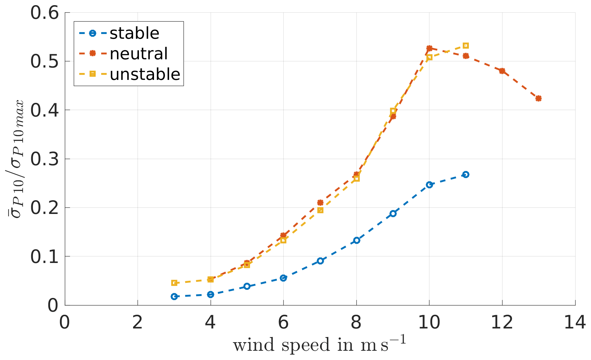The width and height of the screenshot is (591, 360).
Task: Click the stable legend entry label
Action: (134, 33)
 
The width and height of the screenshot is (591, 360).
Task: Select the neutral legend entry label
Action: (139, 54)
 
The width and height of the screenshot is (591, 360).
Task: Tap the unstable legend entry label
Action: (145, 74)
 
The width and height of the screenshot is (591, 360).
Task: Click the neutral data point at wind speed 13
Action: (539, 98)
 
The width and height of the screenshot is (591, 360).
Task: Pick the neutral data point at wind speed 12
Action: (502, 71)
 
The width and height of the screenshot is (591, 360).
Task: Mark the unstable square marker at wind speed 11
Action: (465, 46)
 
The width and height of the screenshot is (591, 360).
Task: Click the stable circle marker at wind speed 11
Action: (465, 175)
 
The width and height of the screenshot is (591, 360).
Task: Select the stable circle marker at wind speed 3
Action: (174, 297)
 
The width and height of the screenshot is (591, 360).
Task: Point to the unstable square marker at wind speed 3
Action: (174, 283)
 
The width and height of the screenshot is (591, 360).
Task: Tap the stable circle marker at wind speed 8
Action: (356, 240)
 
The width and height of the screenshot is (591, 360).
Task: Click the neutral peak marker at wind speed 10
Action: (429, 48)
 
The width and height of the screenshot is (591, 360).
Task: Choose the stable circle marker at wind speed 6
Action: (283, 278)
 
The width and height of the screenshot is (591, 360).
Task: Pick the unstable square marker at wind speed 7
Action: (320, 210)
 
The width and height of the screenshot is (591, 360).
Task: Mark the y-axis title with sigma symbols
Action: (15, 159)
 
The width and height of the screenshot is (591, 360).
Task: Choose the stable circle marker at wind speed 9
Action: (393, 214)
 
